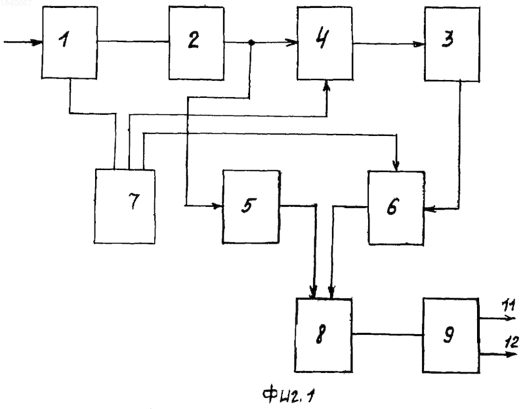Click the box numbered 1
pos(70,43)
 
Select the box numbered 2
pos(196,43)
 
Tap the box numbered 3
pos(452,44)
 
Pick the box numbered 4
pos(324,43)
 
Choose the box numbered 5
pos(251,207)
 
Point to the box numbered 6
pos(396,208)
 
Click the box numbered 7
pos(125,206)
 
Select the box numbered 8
pos(324,335)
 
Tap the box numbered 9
pos(451,335)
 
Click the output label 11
pos(509,305)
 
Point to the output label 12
pos(511,341)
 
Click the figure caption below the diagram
pos(289,395)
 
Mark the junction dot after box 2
pos(251,43)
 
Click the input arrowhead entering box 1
pos(37,43)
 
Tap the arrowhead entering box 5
pos(218,205)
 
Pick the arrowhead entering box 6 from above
pos(396,166)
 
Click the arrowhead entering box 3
pos(419,44)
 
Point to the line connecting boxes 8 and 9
pos(387,334)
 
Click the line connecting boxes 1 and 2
pos(133,41)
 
